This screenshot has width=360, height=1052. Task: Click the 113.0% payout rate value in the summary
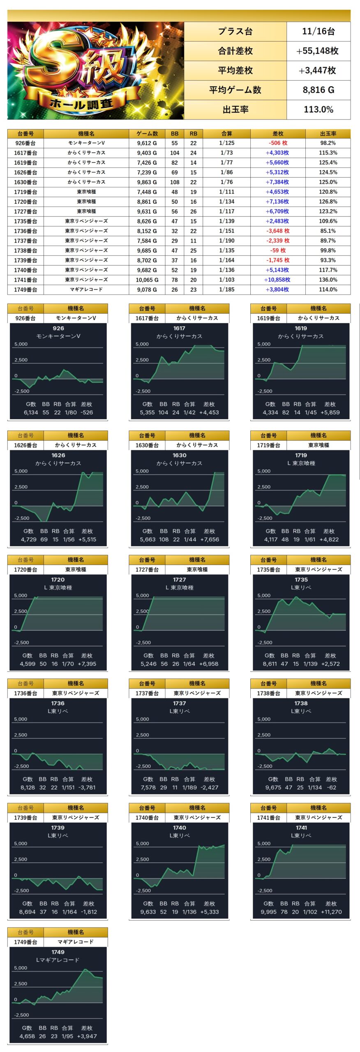pos(318,109)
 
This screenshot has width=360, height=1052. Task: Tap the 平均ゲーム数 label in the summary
pos(235,90)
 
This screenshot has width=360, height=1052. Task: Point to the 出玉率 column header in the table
pos(328,134)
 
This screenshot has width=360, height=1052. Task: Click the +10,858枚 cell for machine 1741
pos(277,279)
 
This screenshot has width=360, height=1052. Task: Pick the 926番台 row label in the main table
pos(25,143)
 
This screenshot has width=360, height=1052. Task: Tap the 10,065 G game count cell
pos(147,279)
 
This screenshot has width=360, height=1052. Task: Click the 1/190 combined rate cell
pos(226,241)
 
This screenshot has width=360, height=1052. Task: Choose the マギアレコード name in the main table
pos(86,289)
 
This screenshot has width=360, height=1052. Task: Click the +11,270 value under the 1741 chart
pos(330,912)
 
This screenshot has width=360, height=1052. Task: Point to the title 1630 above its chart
pos(179,455)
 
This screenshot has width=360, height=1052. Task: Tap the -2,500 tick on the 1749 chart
pos(21,1015)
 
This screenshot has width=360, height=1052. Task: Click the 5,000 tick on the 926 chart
pos(21,344)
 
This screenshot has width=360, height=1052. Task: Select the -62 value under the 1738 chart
pos(331,787)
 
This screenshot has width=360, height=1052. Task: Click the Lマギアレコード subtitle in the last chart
pos(58,960)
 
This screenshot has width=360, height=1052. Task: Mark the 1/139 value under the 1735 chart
pos(310,664)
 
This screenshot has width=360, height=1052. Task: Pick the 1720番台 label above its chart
pos(25,570)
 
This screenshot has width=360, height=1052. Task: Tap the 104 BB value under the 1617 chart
pos(163,413)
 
